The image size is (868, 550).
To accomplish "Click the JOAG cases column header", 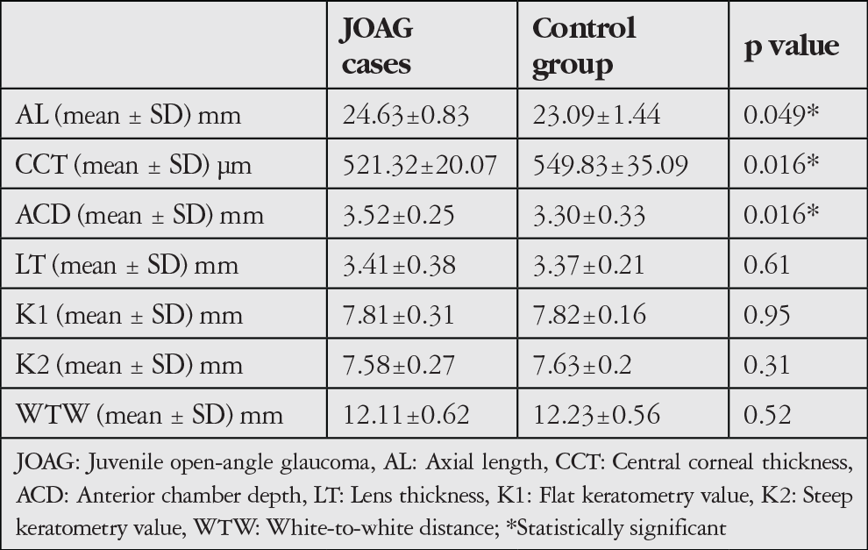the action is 376,46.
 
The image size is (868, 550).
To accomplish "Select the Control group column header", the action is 584,47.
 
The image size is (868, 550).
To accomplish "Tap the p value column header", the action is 792,46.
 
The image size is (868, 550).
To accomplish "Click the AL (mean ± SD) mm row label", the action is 128,115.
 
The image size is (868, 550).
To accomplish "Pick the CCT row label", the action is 133,165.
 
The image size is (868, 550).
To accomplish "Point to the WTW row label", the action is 149,415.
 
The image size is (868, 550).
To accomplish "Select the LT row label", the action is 127,265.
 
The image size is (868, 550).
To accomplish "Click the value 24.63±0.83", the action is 406,115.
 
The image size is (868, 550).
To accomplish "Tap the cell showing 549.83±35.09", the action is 610,165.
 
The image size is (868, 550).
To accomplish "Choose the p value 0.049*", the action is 781,114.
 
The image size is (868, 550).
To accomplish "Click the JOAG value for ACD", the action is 399,215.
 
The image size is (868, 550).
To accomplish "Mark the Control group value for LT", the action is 588,265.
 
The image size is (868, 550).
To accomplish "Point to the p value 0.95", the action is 767,315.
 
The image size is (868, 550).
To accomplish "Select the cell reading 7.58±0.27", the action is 399,365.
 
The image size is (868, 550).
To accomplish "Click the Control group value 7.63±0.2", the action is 582,365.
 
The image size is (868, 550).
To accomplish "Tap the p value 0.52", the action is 767,415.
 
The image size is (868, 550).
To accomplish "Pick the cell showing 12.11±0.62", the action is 406,415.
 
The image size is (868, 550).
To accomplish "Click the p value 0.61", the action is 766,265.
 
